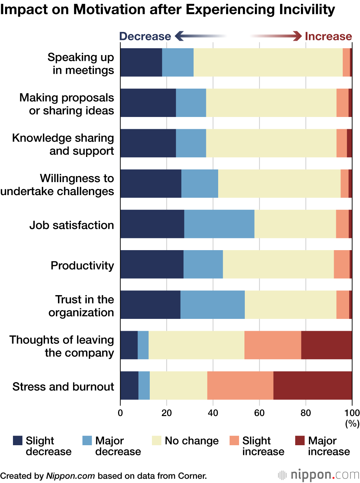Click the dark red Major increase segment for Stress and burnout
coord(312,385)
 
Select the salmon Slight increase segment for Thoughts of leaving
coord(273,345)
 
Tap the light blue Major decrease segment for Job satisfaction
coord(219,224)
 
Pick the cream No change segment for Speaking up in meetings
coord(268,62)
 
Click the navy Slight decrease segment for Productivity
coord(152,264)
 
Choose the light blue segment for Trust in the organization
coord(212,304)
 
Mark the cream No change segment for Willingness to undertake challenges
coord(279,184)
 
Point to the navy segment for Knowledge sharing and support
coord(148,143)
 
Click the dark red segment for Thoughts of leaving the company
coord(327,345)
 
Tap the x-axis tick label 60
coord(259,413)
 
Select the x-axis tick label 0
coord(120,413)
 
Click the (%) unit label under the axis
coord(352,424)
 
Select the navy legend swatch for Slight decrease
coord(18,441)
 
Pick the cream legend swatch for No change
coord(157,441)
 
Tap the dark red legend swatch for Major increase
coord(300,441)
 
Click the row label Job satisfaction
coord(72,225)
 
